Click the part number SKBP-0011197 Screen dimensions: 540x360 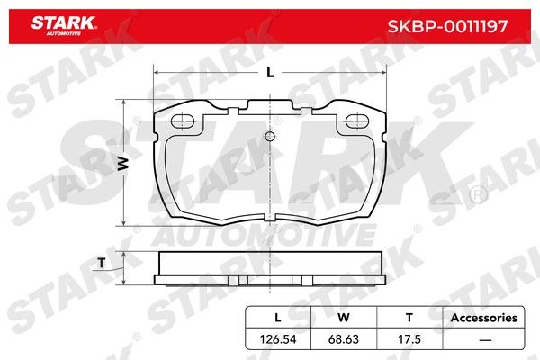447,26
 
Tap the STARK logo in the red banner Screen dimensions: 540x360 64,25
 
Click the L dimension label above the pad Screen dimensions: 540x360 270,73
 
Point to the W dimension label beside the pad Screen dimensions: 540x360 123,164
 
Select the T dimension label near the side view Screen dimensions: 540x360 102,263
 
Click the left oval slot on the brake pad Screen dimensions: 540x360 183,121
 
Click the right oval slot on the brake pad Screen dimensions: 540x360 357,121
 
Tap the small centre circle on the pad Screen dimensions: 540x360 270,137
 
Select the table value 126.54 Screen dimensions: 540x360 278,339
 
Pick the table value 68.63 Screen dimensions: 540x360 344,339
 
